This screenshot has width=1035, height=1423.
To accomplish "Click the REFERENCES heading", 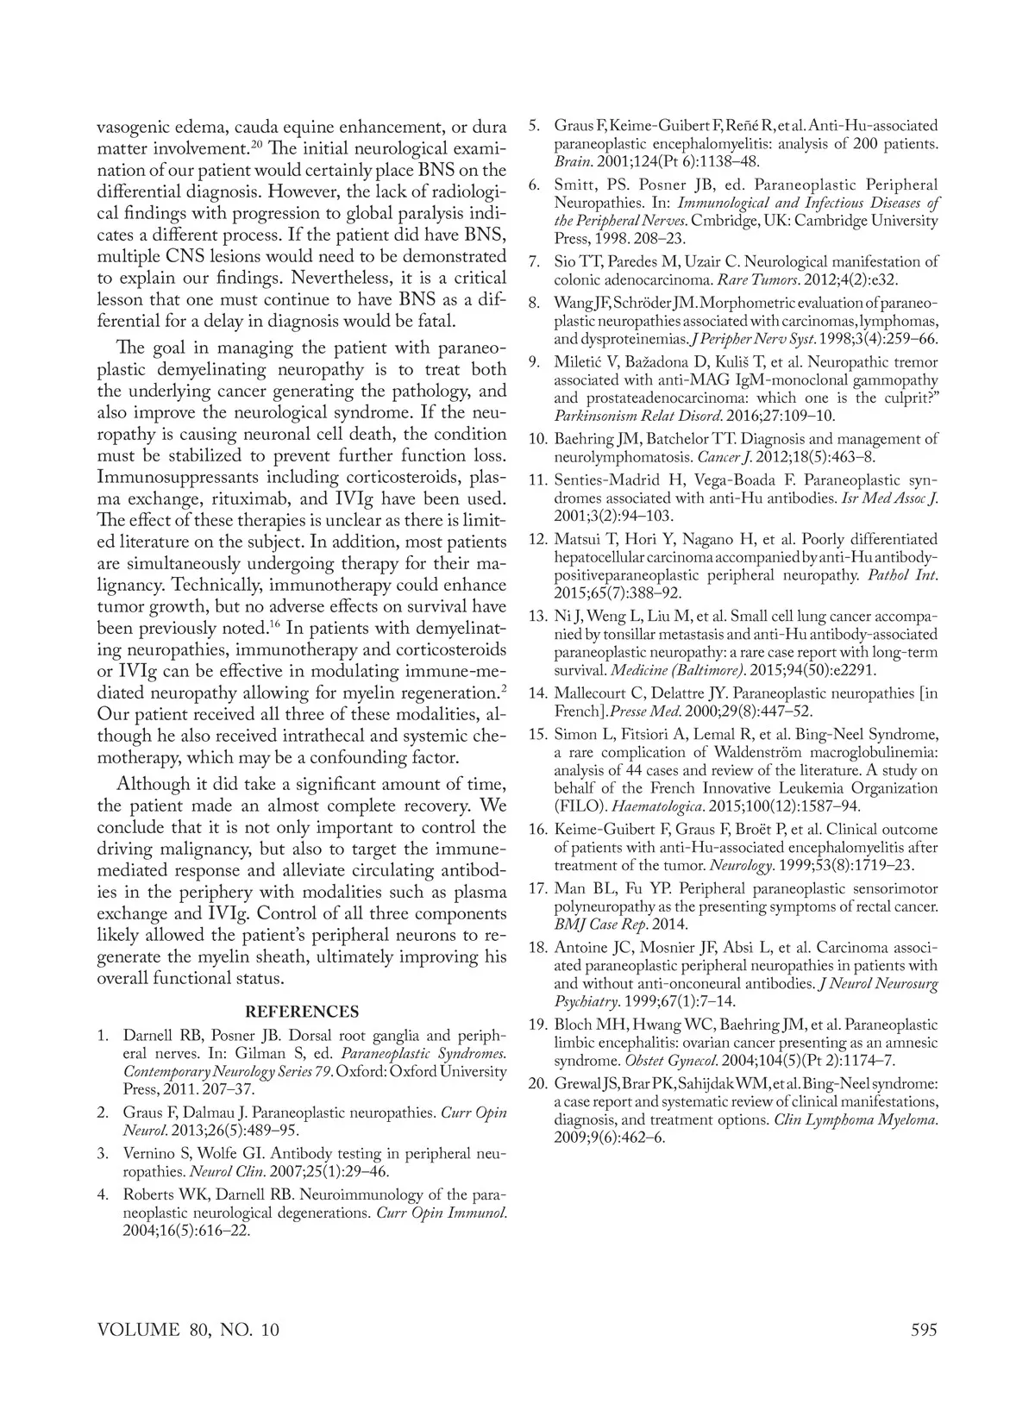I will point(301,1012).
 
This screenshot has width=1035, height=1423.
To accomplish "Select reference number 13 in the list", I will point(537,617).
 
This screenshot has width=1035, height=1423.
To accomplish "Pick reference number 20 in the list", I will point(537,1083).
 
